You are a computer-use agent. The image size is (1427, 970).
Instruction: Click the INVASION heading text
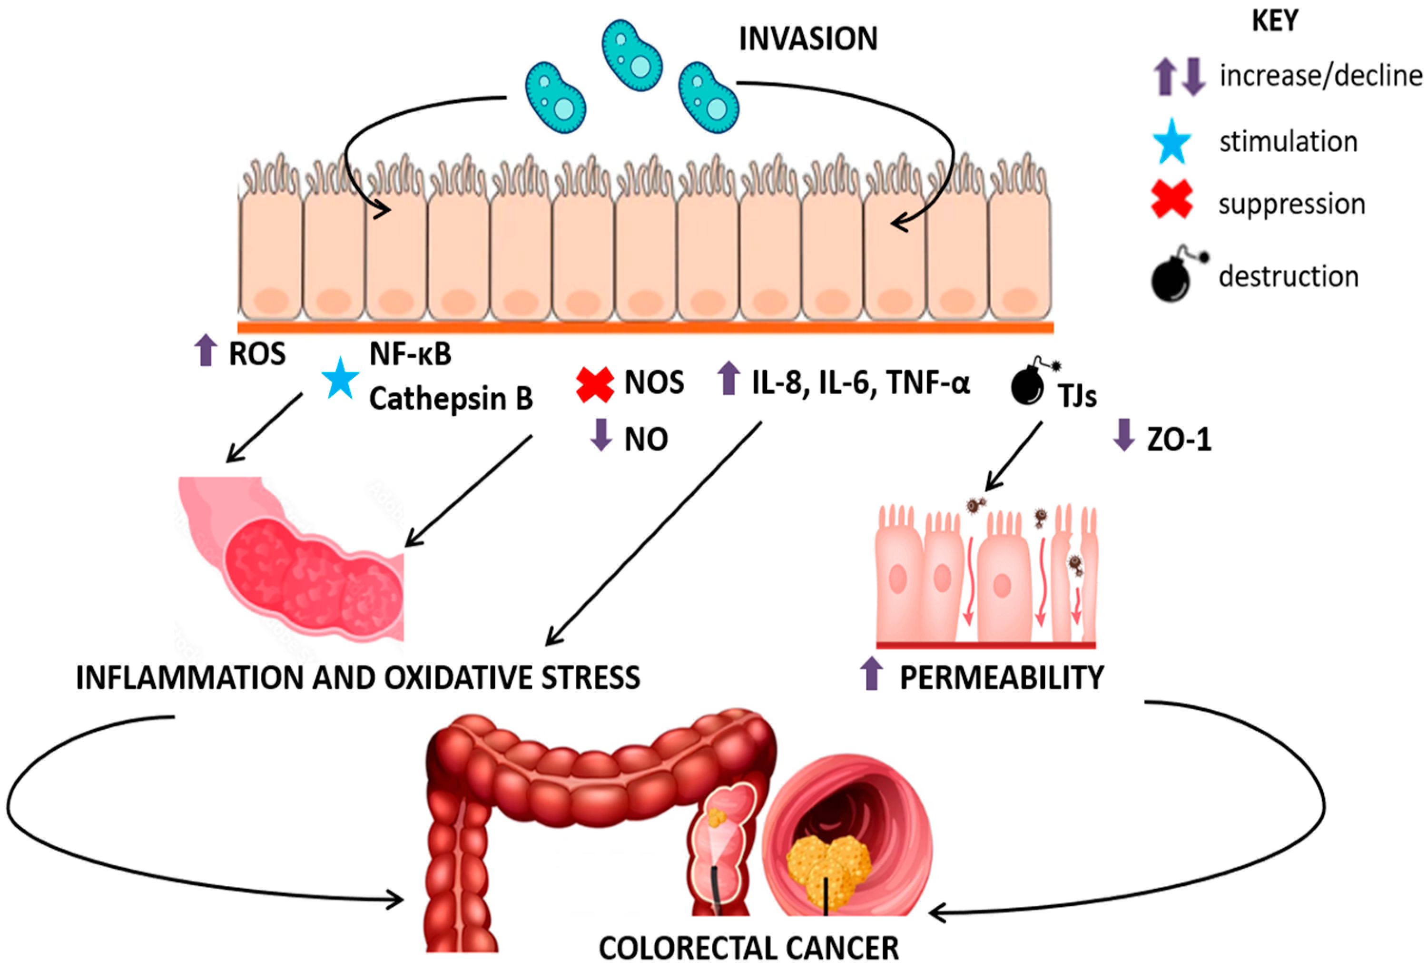click(x=807, y=39)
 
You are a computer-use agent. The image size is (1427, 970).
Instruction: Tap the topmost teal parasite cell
click(x=632, y=55)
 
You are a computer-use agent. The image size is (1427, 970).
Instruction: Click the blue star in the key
click(x=1171, y=142)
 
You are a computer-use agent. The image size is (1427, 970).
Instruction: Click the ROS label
click(x=257, y=354)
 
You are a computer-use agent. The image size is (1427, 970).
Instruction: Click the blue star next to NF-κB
click(x=340, y=378)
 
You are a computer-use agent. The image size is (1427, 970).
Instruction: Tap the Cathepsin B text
click(x=450, y=399)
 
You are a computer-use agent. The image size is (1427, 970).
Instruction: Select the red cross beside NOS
click(x=594, y=385)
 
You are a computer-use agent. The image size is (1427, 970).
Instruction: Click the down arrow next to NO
click(x=601, y=435)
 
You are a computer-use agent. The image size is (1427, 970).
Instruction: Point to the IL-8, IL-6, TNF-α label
click(x=860, y=383)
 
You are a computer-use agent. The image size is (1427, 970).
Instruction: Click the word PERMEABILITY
click(x=1002, y=678)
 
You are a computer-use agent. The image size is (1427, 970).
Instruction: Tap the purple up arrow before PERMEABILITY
click(x=871, y=674)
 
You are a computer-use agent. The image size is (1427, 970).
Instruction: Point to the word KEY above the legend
click(x=1275, y=21)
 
